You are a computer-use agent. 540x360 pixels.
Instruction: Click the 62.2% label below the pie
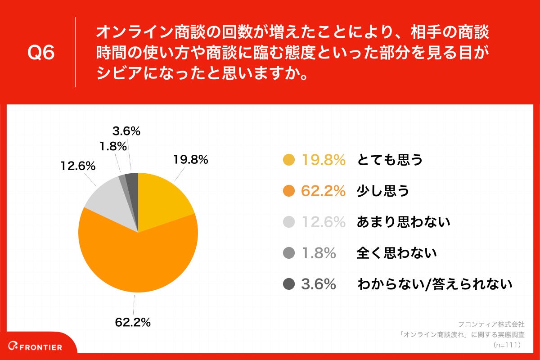[x=133, y=322]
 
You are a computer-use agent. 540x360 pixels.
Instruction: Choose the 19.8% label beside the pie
[x=190, y=159]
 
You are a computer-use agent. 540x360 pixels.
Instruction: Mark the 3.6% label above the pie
[x=126, y=131]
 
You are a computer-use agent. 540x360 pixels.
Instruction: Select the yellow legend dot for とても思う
[x=289, y=160]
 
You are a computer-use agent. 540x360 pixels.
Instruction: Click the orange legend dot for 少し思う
[x=289, y=191]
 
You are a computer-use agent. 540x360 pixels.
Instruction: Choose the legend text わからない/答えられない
[x=435, y=284]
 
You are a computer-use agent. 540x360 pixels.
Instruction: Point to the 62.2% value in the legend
[x=323, y=191]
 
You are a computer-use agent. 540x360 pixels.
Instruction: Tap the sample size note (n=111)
[x=507, y=345]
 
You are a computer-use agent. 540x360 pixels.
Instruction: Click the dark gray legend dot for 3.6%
[x=289, y=284]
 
